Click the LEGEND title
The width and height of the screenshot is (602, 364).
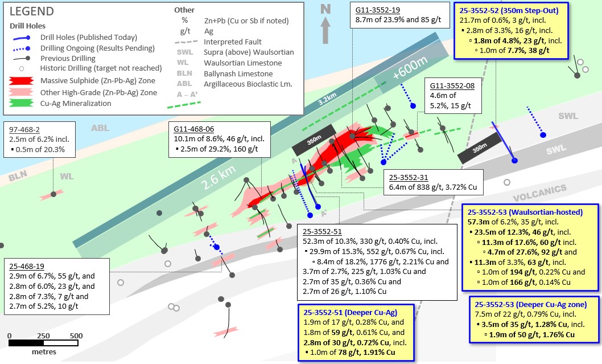click(31, 11)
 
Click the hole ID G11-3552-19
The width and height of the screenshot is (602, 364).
click(378, 10)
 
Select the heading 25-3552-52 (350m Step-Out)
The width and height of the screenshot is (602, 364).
click(509, 10)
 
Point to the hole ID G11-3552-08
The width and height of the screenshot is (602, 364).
click(452, 85)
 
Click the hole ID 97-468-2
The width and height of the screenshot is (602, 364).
click(24, 129)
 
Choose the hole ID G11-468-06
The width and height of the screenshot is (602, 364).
click(194, 129)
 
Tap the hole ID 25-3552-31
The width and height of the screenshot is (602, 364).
click(409, 177)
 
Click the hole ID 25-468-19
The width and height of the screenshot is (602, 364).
click(27, 266)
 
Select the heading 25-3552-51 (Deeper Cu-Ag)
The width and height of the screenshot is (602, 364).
click(350, 313)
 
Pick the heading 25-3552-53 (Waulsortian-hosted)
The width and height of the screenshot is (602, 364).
click(525, 212)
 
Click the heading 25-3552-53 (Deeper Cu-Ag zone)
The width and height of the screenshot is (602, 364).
click(530, 304)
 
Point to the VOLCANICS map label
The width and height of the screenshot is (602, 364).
click(540, 193)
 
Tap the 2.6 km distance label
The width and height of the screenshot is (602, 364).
click(218, 178)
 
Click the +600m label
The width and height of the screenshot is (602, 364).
click(410, 68)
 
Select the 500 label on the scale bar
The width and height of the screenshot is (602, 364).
click(76, 336)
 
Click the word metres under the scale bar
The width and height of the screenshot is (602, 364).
click(44, 351)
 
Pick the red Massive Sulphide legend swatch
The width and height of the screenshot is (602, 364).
click(21, 81)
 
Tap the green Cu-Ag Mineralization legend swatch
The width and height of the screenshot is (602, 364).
click(21, 103)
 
